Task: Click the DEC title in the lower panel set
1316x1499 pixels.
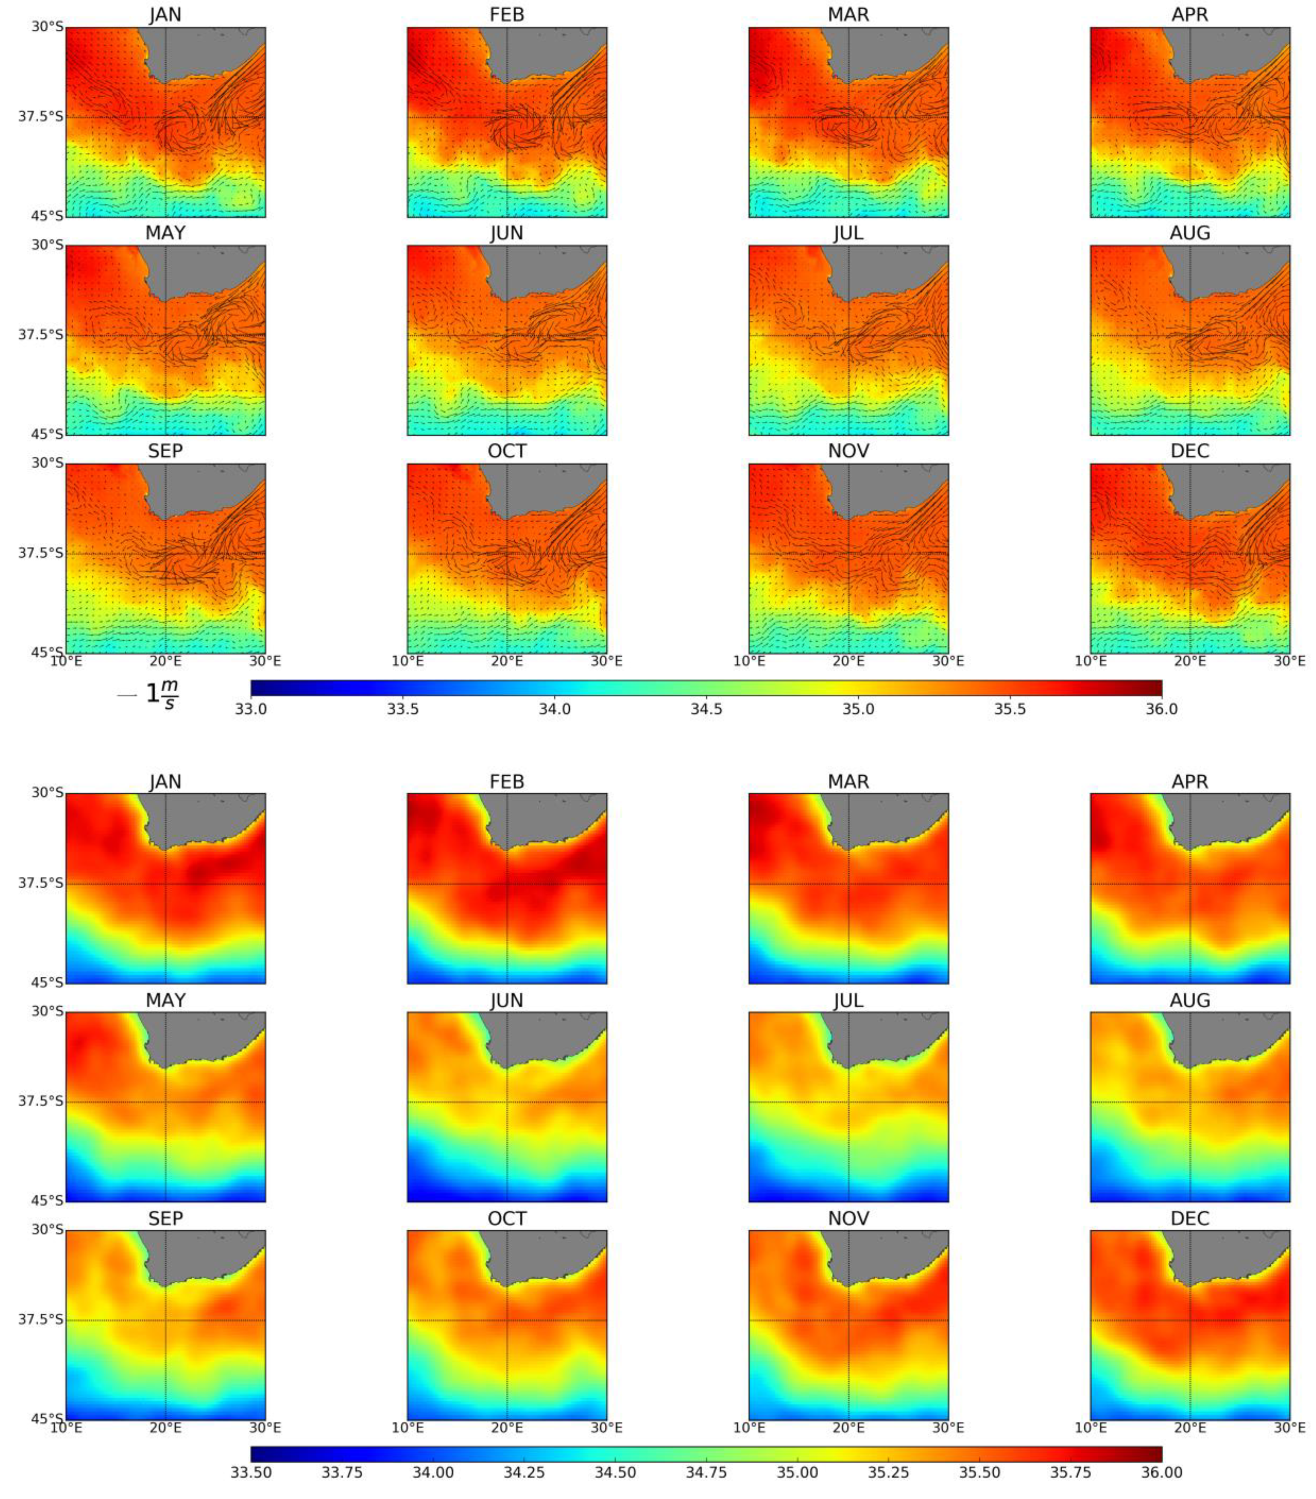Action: click(1189, 1218)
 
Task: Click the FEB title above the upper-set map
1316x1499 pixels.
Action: click(507, 14)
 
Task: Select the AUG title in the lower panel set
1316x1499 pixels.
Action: click(1189, 1000)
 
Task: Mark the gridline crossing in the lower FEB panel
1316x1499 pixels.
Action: click(507, 884)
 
